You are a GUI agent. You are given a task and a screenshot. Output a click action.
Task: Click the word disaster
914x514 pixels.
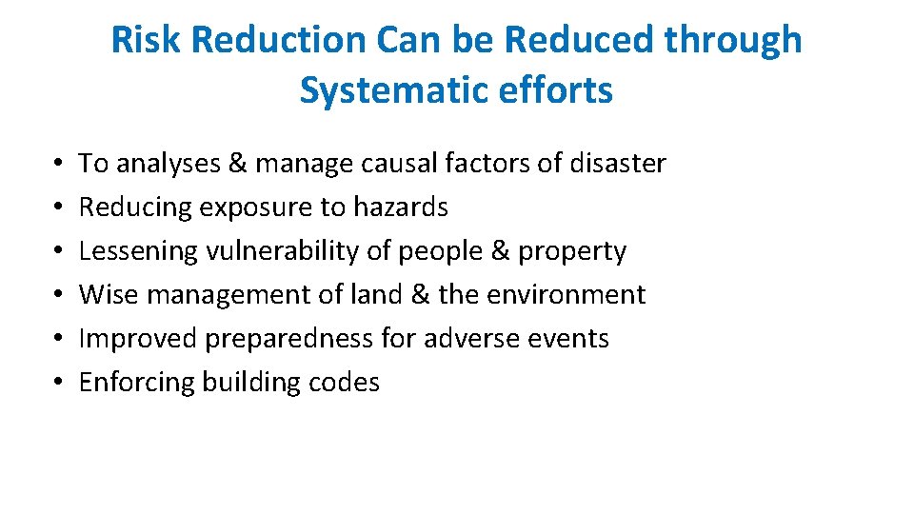[617, 164]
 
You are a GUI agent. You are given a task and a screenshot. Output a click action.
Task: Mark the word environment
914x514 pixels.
[566, 295]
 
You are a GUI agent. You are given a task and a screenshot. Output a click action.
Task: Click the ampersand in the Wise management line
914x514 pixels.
[421, 295]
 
